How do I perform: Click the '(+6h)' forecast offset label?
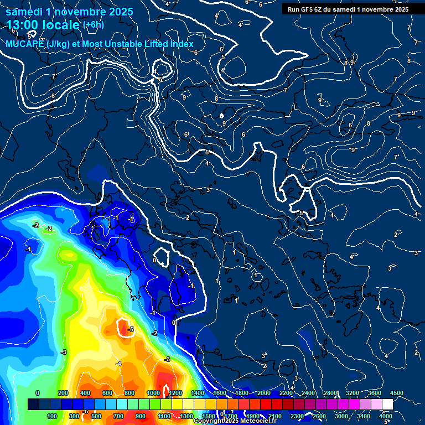tap(93, 25)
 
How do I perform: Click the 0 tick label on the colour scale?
tap(38, 393)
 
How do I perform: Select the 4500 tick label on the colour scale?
tap(396, 393)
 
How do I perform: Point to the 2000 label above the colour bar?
tap(264, 393)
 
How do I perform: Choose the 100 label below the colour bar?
tap(52, 416)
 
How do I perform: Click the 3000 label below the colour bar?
tap(341, 416)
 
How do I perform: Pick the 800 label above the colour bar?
tap(129, 393)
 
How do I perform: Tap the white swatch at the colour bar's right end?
tap(387, 405)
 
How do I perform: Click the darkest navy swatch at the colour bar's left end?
tap(33, 405)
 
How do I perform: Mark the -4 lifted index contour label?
tap(118, 364)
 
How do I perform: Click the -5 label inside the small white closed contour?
tap(131, 330)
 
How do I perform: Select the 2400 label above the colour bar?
tap(308, 393)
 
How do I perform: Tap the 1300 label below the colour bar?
tap(186, 416)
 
